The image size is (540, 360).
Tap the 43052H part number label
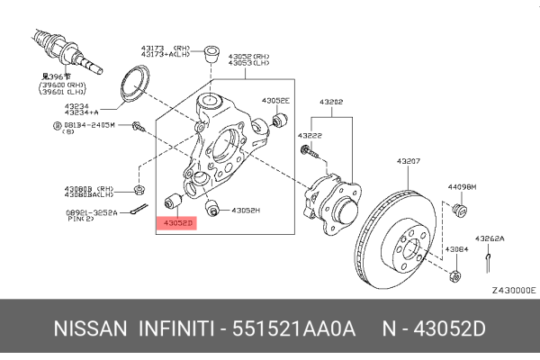coord(246,211)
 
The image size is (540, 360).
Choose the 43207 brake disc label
coord(409,162)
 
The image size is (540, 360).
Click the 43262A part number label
coord(490,238)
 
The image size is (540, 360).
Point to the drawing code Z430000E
coord(513,291)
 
